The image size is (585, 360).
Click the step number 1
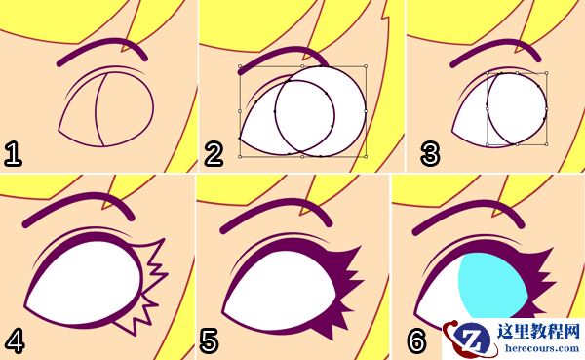tap(13, 154)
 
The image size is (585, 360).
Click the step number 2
tap(214, 154)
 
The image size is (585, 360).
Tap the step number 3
tap(430, 154)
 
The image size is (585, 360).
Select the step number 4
tap(14, 341)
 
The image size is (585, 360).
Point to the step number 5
tap(209, 341)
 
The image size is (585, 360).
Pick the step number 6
tap(416, 340)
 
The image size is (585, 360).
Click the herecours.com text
tap(542, 348)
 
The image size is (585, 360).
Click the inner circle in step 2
tap(305, 117)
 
